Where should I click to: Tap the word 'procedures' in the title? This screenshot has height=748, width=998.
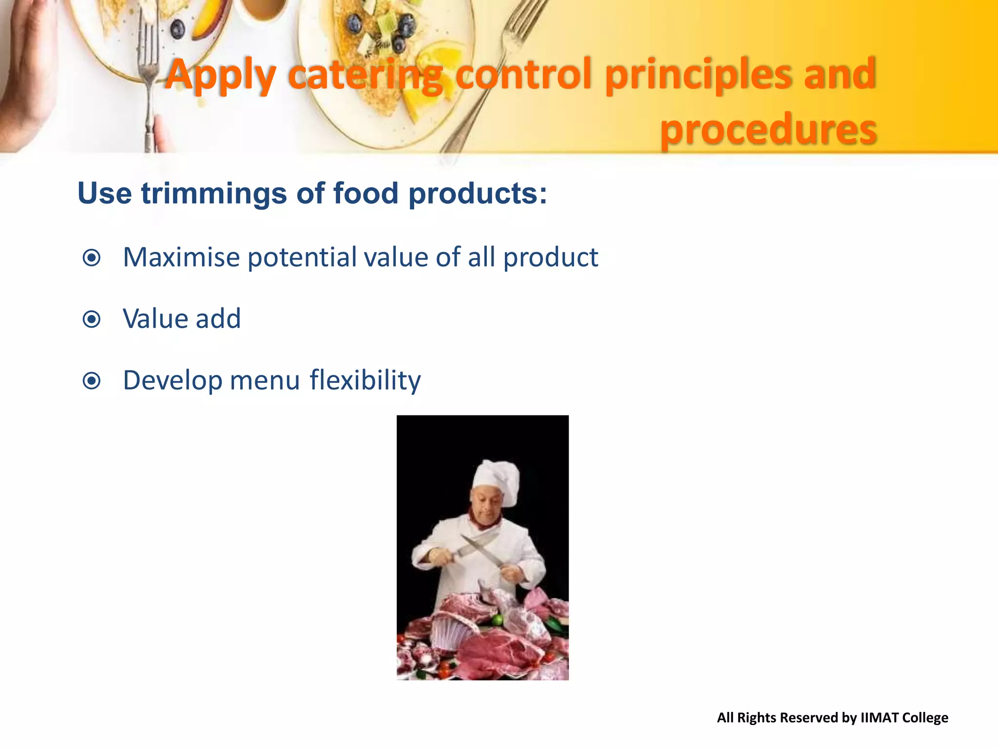click(768, 129)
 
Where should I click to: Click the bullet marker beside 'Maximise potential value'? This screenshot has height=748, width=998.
click(92, 258)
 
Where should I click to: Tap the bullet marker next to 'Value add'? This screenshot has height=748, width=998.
click(92, 319)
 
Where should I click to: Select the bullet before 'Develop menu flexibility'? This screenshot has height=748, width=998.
click(92, 381)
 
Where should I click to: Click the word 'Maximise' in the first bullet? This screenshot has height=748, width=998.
click(181, 257)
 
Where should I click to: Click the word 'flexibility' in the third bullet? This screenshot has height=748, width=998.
click(365, 380)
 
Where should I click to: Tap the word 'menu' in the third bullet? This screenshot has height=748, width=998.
click(265, 381)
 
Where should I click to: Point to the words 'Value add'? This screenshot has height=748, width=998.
click(182, 319)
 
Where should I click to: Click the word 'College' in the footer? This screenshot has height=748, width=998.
click(925, 718)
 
